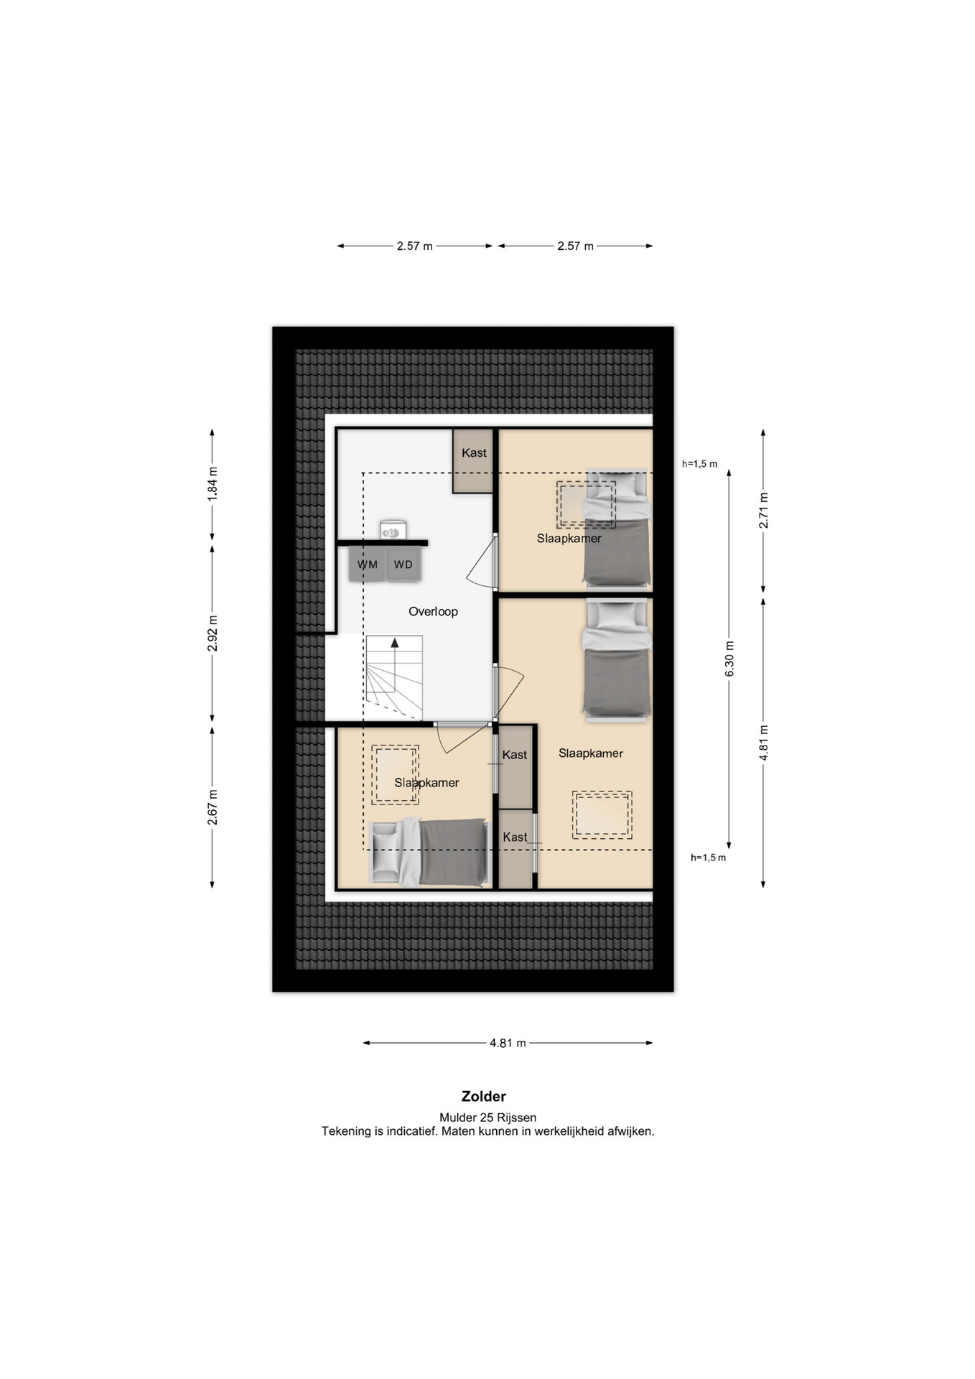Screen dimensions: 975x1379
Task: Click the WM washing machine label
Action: (x=368, y=565)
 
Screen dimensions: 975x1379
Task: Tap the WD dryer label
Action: (x=403, y=565)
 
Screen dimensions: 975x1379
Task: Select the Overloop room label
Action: (x=433, y=611)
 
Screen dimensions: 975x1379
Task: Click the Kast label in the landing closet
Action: (x=474, y=452)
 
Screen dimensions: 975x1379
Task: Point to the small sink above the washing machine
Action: (x=393, y=531)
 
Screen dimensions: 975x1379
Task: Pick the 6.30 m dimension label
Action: (x=729, y=659)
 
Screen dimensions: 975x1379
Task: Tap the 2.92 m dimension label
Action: (x=212, y=633)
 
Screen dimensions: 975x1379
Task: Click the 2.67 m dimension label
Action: (x=212, y=807)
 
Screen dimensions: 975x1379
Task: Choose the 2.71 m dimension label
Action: (x=763, y=511)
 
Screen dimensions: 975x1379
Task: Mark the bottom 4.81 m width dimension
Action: (x=508, y=1043)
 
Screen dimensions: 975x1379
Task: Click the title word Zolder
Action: (x=484, y=1096)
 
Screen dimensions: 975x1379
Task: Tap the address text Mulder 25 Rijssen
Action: (x=488, y=1118)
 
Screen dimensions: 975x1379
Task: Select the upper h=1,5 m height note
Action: (x=700, y=464)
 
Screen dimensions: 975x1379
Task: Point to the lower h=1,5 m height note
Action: (x=709, y=858)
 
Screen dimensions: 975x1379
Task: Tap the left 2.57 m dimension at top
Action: (x=415, y=246)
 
